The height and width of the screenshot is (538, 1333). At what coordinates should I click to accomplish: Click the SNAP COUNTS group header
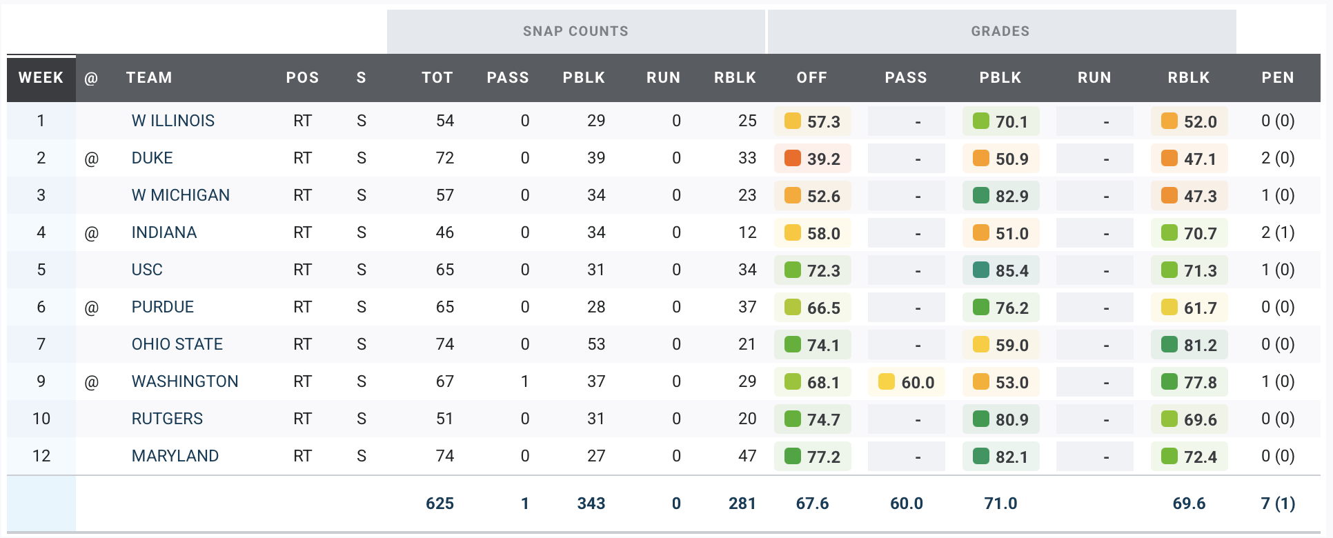(x=575, y=31)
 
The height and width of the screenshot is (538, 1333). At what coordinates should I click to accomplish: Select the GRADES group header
(x=1000, y=31)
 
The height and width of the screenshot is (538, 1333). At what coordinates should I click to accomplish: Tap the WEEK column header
(x=41, y=78)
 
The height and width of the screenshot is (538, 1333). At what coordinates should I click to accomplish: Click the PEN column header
(x=1277, y=78)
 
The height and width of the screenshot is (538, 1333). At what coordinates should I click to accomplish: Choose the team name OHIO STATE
(x=177, y=344)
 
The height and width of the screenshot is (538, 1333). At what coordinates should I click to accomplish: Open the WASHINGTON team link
(x=185, y=381)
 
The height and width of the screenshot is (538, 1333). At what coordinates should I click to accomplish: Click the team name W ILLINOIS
(x=173, y=121)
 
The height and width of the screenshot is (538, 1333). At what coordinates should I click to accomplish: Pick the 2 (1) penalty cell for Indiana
(x=1278, y=232)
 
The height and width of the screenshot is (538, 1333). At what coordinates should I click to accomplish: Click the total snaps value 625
(x=440, y=504)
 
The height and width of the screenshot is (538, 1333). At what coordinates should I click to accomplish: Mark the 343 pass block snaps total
(x=591, y=504)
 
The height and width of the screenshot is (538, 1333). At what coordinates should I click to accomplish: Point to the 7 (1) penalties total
(x=1278, y=504)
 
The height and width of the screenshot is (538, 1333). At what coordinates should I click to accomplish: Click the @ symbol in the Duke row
(x=91, y=159)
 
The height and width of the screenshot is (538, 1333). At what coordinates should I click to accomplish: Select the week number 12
(x=41, y=456)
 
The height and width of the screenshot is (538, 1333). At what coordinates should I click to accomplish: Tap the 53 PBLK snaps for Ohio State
(x=596, y=344)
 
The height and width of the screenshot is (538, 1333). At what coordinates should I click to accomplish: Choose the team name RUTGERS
(x=167, y=419)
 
